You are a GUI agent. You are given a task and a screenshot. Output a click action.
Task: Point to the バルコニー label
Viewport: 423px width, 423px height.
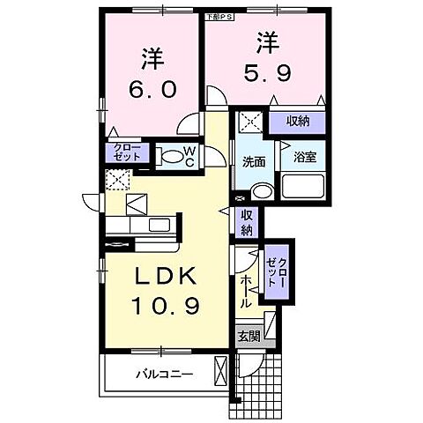coord(165,373)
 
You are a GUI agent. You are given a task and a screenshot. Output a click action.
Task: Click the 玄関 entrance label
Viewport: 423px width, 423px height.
coord(249,336)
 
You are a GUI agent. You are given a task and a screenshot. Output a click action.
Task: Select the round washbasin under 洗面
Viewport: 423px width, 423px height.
coord(262,191)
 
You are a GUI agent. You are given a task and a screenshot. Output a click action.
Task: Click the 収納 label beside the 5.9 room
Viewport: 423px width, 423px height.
coord(297,121)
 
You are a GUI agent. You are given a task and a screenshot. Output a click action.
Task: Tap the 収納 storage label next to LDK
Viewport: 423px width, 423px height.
coord(248,223)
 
